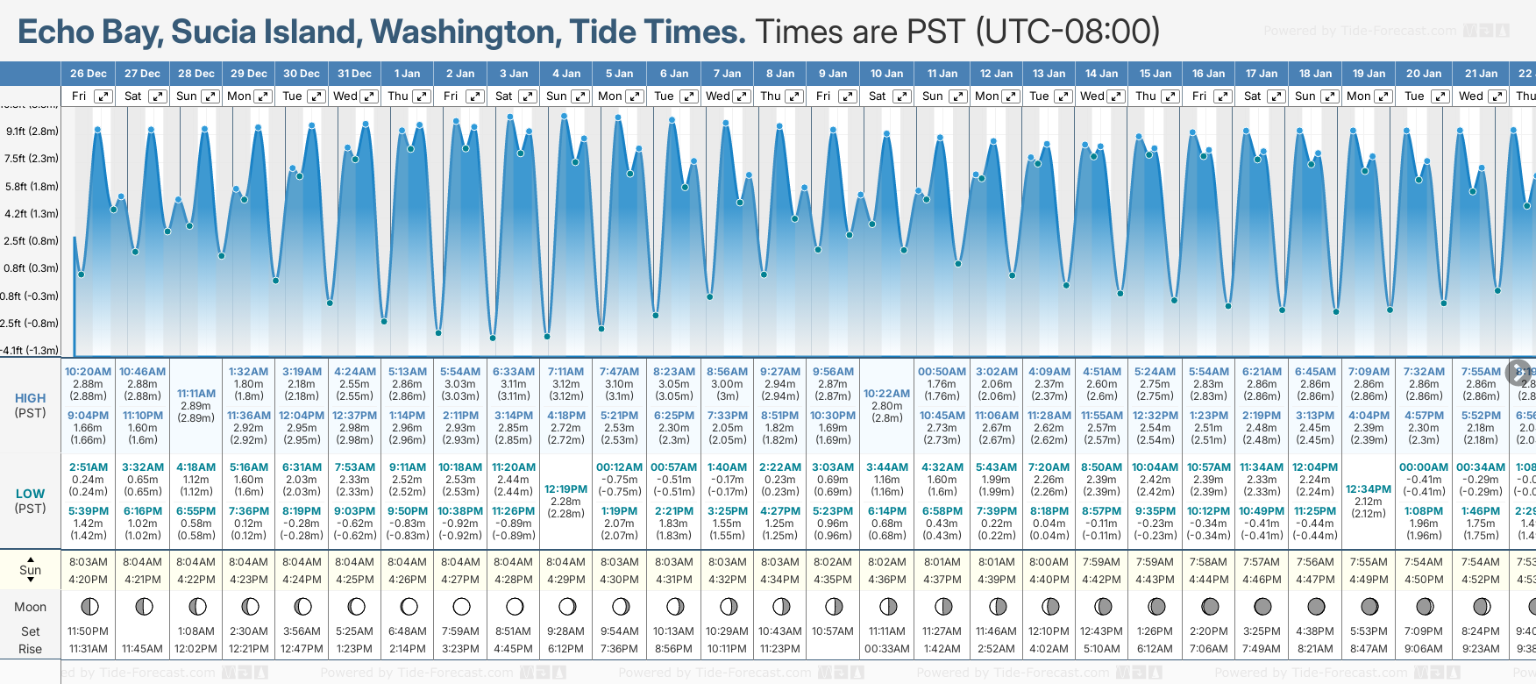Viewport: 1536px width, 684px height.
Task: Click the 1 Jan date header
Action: pyautogui.click(x=407, y=74)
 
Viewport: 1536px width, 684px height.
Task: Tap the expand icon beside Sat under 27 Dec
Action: pyautogui.click(x=157, y=96)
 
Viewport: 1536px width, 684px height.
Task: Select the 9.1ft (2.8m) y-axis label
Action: pyautogui.click(x=32, y=132)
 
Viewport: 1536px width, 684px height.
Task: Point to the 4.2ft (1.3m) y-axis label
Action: pyautogui.click(x=32, y=213)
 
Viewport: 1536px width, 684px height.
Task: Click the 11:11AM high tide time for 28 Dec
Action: pyautogui.click(x=196, y=394)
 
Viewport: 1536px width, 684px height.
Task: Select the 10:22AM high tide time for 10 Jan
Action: pyautogui.click(x=886, y=394)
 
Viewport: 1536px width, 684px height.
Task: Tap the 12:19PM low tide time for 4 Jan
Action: pyautogui.click(x=565, y=489)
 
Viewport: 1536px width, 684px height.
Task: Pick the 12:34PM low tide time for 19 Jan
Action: pyautogui.click(x=1369, y=489)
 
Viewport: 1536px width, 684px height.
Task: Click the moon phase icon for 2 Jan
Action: pyautogui.click(x=461, y=606)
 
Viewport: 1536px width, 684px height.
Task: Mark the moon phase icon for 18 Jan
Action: pyautogui.click(x=1316, y=606)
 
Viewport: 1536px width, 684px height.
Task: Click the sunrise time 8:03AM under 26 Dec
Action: pyautogui.click(x=88, y=562)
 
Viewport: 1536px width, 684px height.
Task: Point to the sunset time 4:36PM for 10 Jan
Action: pyautogui.click(x=886, y=580)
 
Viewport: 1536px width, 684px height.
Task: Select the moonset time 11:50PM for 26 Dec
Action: pyautogui.click(x=88, y=631)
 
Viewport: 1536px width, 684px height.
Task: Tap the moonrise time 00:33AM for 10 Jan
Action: pyautogui.click(x=886, y=649)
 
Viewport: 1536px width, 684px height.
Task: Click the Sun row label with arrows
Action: pyautogui.click(x=30, y=570)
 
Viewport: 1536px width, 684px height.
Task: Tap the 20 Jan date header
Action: pyautogui.click(x=1423, y=74)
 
